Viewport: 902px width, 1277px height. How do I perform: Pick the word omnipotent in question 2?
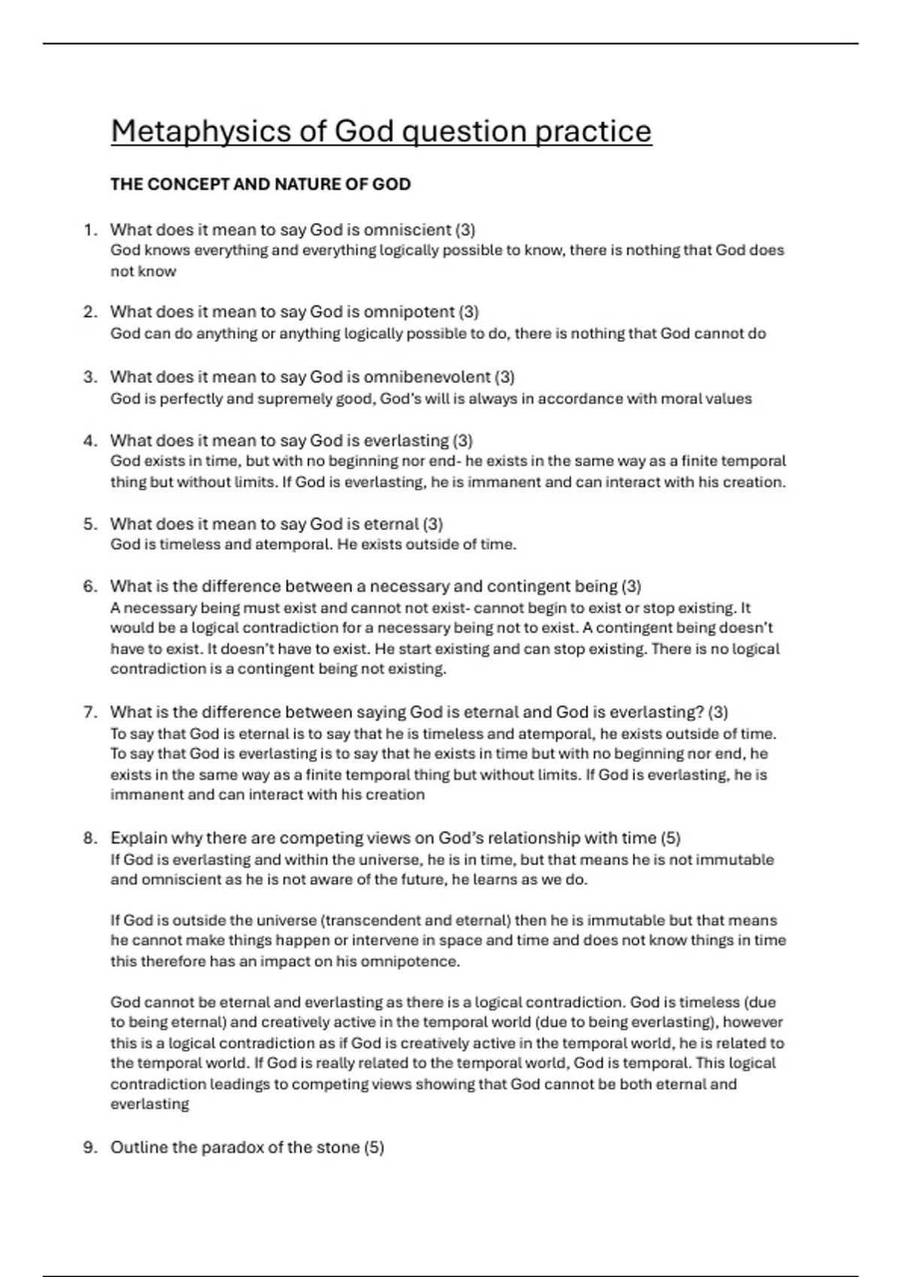409,312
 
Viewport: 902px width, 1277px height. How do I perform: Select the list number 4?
89,441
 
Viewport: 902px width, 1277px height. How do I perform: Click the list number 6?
89,587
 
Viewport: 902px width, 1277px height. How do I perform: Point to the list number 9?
89,1148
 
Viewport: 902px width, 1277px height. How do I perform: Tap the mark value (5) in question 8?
670,838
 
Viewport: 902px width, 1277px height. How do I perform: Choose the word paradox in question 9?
229,1148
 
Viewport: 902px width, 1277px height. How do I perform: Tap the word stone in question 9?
336,1148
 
